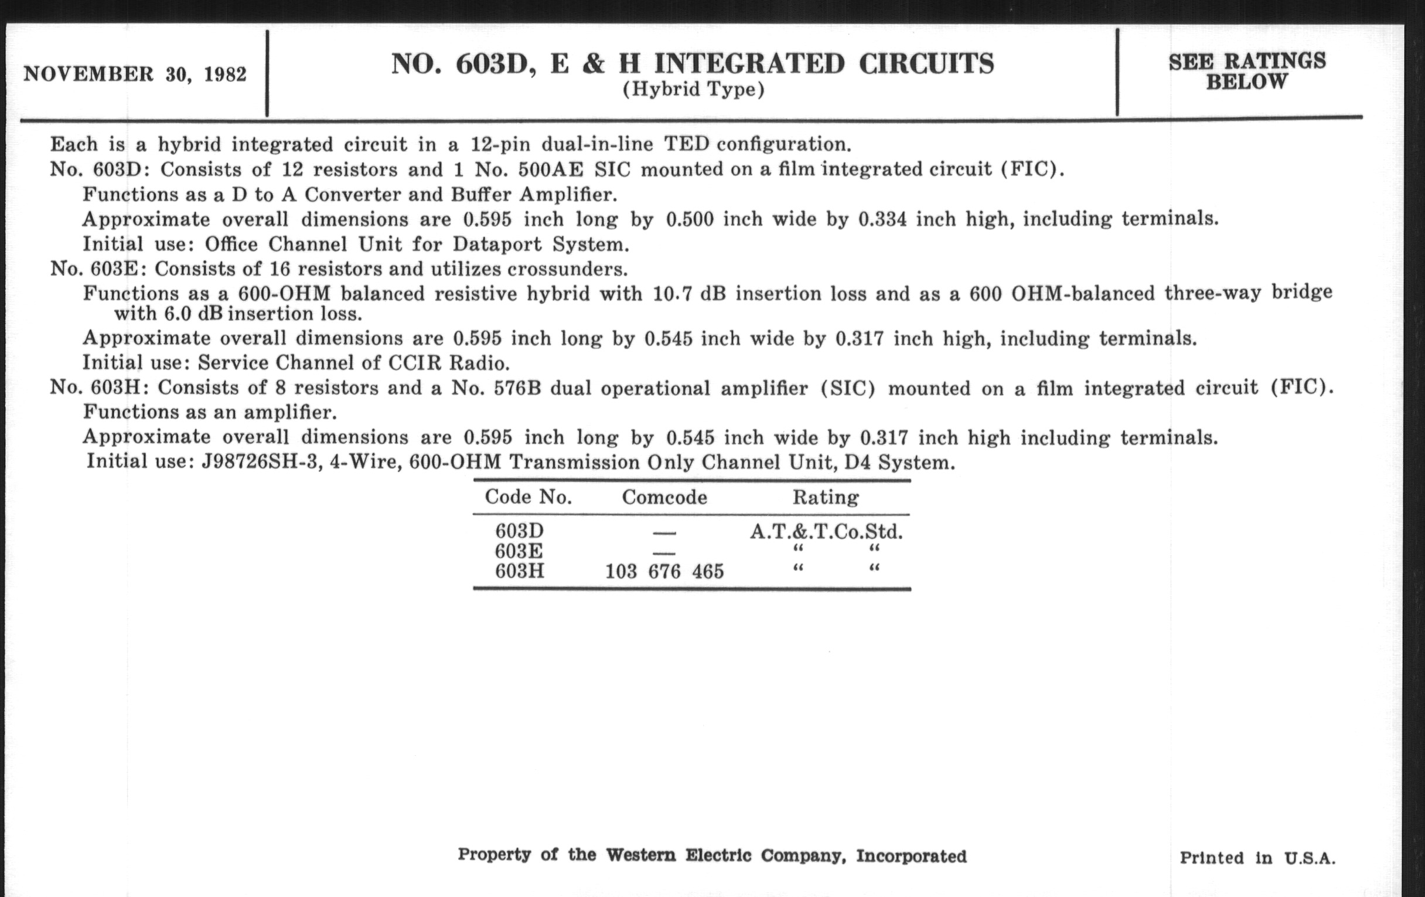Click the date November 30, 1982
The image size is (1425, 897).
[135, 74]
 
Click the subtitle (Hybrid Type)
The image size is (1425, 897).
[693, 90]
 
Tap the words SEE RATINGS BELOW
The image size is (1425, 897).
[1247, 71]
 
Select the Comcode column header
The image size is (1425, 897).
[664, 497]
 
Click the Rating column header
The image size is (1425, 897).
[826, 497]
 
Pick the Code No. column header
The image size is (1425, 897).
[528, 497]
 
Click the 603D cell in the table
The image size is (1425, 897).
[519, 531]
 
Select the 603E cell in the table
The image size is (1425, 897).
[519, 551]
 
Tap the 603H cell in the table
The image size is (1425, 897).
[519, 572]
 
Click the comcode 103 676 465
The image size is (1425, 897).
[664, 572]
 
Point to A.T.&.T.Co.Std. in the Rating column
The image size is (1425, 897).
[826, 532]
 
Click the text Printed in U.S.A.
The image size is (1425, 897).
[1257, 858]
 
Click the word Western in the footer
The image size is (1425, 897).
[640, 855]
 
